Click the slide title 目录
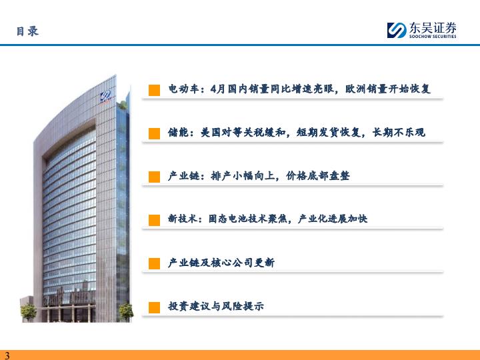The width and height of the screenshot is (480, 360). [27, 31]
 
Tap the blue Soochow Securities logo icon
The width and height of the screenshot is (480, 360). [397, 30]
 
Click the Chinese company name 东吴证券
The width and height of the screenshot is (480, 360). [433, 28]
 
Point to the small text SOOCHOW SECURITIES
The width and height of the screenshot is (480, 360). [433, 37]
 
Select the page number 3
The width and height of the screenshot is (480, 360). [7, 355]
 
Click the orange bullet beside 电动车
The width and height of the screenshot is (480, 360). [154, 90]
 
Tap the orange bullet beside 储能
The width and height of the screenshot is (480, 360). [154, 134]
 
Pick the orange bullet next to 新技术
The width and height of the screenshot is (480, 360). [154, 221]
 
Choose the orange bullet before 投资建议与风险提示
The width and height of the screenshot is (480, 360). [154, 307]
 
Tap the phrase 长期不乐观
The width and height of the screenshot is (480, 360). [399, 132]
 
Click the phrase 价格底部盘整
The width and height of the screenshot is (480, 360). [318, 176]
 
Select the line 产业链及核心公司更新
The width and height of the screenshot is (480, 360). [221, 263]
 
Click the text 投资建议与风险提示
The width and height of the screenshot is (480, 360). [216, 306]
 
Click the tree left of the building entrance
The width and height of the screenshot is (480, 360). [29, 312]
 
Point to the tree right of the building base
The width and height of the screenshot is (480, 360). [126, 311]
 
